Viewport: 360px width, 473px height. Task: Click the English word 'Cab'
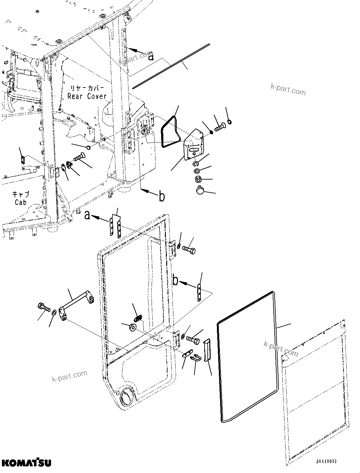click(20, 202)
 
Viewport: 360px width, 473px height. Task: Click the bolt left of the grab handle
click(44, 307)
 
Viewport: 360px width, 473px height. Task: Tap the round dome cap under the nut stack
click(200, 191)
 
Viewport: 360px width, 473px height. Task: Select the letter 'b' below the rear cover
click(162, 197)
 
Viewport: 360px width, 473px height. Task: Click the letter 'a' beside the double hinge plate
click(88, 216)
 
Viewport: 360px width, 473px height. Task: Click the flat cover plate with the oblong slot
click(193, 144)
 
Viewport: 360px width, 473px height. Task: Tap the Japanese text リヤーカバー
click(87, 88)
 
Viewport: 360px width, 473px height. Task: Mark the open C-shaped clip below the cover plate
click(196, 164)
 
